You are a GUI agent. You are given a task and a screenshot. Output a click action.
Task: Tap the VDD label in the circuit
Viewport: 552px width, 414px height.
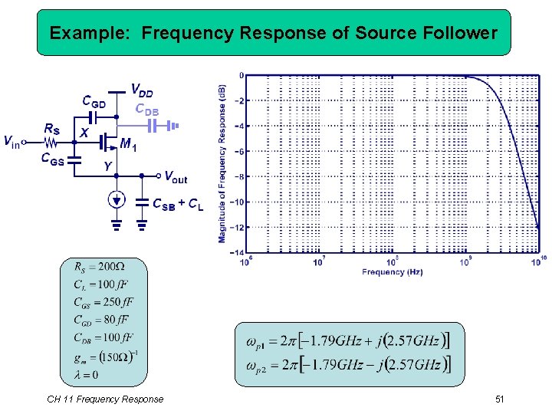[x=141, y=92]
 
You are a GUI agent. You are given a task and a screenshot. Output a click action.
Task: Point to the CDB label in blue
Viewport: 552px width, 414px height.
[x=147, y=109]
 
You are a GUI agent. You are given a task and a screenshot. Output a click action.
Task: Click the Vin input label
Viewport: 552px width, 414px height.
[x=11, y=141]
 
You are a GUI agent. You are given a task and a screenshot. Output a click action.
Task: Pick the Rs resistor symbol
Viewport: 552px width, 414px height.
[x=52, y=143]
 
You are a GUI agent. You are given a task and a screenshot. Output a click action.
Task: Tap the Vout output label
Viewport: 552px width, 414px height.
[x=176, y=179]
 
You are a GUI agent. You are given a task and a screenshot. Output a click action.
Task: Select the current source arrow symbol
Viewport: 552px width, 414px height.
[x=116, y=200]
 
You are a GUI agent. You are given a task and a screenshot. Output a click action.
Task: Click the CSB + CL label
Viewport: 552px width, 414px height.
[x=178, y=205]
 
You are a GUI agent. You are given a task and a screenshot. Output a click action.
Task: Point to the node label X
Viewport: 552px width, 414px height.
[x=84, y=132]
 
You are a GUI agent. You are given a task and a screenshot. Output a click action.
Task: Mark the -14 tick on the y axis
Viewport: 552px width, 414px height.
[x=238, y=252]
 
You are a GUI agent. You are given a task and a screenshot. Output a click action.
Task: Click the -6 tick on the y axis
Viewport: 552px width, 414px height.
[x=240, y=151]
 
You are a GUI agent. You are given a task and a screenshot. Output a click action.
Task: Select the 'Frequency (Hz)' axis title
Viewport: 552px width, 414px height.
[x=392, y=272]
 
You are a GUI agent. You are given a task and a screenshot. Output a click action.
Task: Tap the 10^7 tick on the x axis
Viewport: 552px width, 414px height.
[x=319, y=262]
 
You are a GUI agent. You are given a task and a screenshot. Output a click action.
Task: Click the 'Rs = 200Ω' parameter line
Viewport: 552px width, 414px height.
[x=99, y=268]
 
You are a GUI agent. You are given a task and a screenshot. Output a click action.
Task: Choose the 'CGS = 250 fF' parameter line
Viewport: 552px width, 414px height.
[x=103, y=302]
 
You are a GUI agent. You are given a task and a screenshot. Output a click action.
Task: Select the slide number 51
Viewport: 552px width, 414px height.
[x=500, y=399]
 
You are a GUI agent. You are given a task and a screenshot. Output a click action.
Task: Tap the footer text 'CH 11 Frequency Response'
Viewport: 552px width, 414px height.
[x=105, y=399]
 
